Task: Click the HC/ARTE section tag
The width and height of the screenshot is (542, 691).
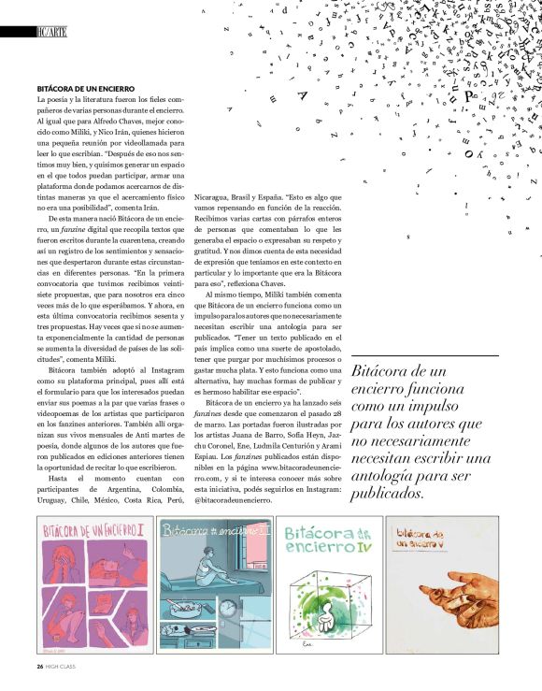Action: point(51,32)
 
